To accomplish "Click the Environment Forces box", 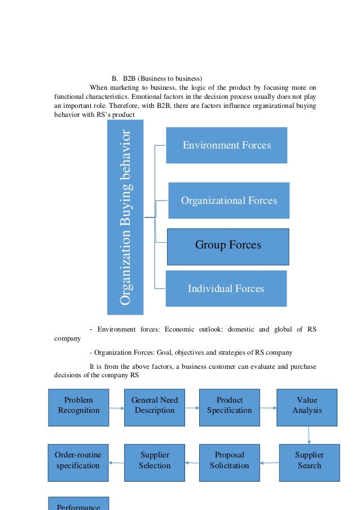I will click(226, 145).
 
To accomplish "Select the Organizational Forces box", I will click(229, 200).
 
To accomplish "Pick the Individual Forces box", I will click(226, 289).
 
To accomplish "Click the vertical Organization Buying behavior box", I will click(125, 217).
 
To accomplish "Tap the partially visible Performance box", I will click(78, 504).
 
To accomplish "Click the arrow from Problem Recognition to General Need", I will click(116, 408).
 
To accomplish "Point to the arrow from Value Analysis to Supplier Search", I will click(309, 435).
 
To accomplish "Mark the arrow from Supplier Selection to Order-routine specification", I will click(116, 463).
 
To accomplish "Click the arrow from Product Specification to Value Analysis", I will click(268, 408).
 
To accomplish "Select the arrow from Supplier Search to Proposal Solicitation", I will click(270, 463).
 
